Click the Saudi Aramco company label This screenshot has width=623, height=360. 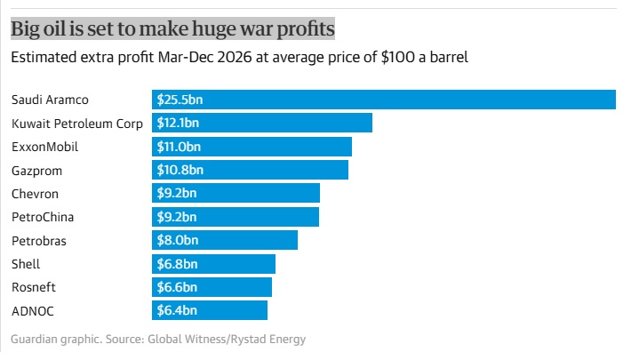pyautogui.click(x=50, y=100)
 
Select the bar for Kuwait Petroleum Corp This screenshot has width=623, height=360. pyautogui.click(x=261, y=123)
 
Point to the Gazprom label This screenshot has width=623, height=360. pyautogui.click(x=36, y=170)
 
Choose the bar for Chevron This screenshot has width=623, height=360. pyautogui.click(x=236, y=193)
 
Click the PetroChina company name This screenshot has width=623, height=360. pyautogui.click(x=43, y=216)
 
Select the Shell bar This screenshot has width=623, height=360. pyautogui.click(x=213, y=263)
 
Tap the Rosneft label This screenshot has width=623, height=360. pyautogui.click(x=35, y=286)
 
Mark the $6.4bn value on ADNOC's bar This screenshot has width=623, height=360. pyautogui.click(x=177, y=310)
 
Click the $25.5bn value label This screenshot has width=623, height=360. pyautogui.click(x=180, y=100)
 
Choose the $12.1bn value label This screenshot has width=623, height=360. pyautogui.click(x=179, y=123)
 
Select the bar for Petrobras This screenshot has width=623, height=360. pyautogui.click(x=225, y=240)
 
